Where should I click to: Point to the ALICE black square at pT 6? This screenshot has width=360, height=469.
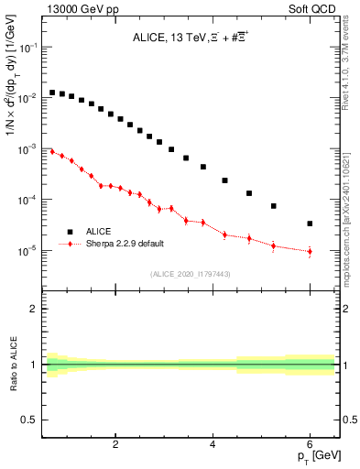pos(310,224)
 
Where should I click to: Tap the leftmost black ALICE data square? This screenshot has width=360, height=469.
pos(52,93)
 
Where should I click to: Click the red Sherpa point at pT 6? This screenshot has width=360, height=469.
pos(310,251)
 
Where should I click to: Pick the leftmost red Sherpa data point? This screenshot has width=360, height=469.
pos(52,151)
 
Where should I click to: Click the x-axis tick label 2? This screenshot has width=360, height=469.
pos(115,446)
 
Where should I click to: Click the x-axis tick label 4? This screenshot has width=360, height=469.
pos(213,446)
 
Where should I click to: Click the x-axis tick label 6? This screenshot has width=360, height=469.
pos(310,446)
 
